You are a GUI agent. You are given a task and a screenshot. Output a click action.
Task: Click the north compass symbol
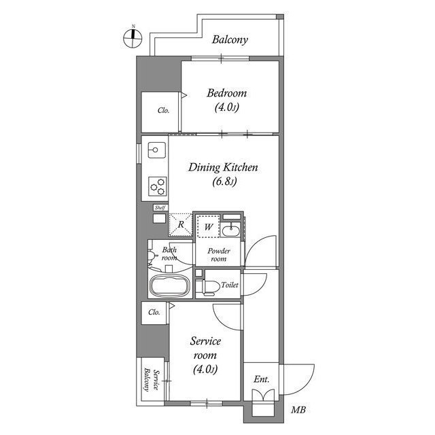[x=133, y=38]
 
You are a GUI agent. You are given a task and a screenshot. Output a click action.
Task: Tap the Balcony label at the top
[x=229, y=39]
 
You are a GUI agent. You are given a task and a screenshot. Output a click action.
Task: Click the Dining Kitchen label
[x=224, y=173]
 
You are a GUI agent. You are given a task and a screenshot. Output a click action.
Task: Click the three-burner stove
[x=157, y=185]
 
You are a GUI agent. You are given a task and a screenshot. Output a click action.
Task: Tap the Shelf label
[x=160, y=207]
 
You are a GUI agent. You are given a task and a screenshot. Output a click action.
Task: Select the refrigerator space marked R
[x=181, y=224]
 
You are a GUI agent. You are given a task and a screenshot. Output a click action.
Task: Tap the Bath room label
[x=170, y=254]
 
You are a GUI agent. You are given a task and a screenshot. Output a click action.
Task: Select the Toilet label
[x=229, y=285]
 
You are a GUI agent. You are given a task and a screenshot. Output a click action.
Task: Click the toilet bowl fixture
[x=208, y=287]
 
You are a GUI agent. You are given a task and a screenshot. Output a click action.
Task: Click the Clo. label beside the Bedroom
[x=163, y=111]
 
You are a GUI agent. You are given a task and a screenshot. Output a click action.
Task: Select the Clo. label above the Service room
[x=154, y=313]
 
